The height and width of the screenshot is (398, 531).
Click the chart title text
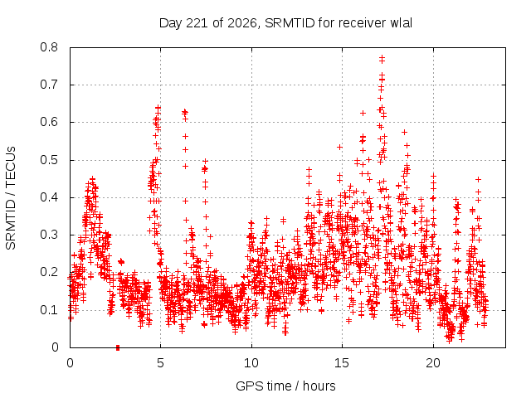(x=285, y=23)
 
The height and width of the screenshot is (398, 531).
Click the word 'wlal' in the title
(x=402, y=23)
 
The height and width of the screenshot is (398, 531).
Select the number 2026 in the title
(x=241, y=23)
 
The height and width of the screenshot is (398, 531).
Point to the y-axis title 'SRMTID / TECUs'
(x=11, y=198)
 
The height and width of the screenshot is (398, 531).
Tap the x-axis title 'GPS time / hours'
(x=285, y=386)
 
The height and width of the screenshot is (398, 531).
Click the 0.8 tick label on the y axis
(x=49, y=47)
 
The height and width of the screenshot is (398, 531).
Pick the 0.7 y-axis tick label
(x=49, y=85)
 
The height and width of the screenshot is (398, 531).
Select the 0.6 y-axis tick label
(x=49, y=122)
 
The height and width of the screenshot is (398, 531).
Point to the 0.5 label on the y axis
(x=49, y=160)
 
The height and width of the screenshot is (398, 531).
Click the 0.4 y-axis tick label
(x=49, y=197)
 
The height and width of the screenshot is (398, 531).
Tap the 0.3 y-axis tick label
(x=49, y=235)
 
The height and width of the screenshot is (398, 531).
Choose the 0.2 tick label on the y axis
(x=49, y=272)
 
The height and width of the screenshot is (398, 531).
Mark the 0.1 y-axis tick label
(x=49, y=309)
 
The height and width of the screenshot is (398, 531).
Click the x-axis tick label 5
(x=160, y=363)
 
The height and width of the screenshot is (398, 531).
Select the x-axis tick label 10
(x=251, y=363)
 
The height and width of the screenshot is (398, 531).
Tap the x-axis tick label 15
(x=342, y=363)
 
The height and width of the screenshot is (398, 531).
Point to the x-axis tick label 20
(x=433, y=363)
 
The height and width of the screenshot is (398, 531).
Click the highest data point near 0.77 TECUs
(x=382, y=58)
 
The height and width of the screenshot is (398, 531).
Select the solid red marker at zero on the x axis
(x=118, y=347)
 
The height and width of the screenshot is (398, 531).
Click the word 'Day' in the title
(x=170, y=24)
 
